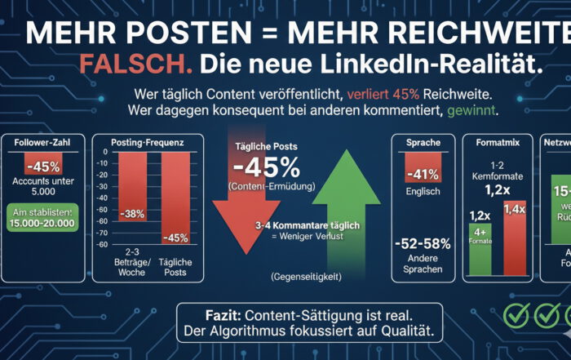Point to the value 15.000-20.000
tap(46, 223)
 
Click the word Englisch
tap(422, 193)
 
